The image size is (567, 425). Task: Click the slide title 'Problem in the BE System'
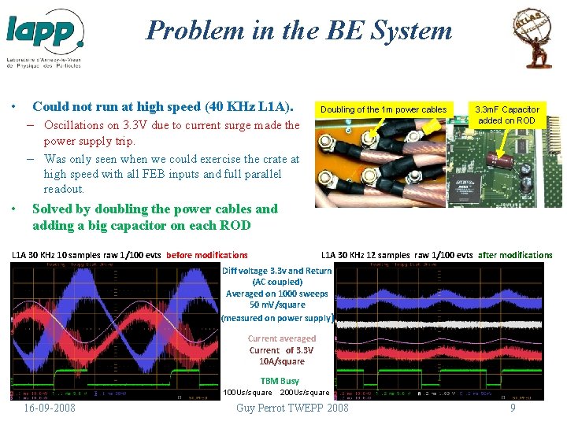[299, 31]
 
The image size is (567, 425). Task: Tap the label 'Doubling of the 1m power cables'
[384, 109]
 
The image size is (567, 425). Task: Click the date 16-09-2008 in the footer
[50, 408]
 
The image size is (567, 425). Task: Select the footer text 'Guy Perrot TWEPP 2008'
[292, 408]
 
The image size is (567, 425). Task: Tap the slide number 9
[513, 408]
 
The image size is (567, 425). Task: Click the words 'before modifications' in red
[207, 255]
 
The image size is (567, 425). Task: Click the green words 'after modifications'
[516, 255]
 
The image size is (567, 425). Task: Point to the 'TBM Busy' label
[280, 381]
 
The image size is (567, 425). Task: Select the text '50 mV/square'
[277, 304]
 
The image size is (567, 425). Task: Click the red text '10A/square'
[281, 361]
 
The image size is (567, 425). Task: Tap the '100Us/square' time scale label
[247, 392]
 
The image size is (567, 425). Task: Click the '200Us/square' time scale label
[305, 392]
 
